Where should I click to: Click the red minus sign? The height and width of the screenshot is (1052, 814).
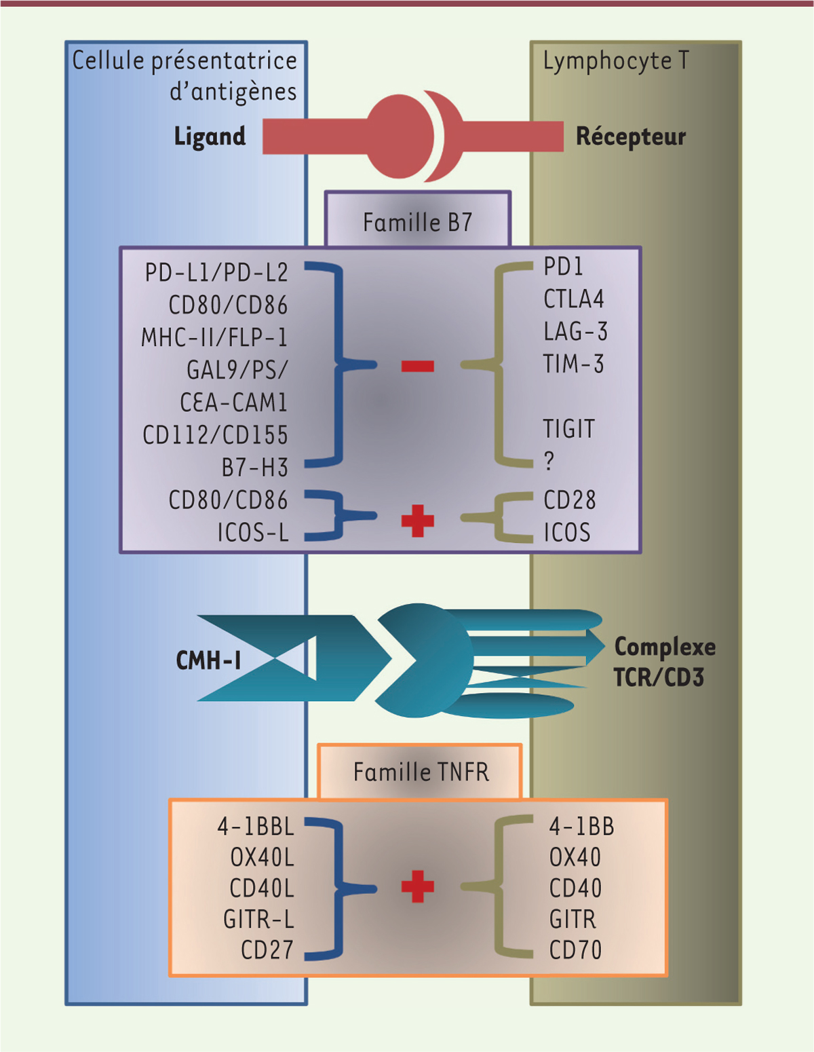click(417, 367)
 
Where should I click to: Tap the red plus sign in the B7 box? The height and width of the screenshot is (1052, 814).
click(417, 521)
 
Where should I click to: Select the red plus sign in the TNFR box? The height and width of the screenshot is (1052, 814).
click(417, 886)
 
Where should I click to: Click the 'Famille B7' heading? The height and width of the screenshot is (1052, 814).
click(417, 223)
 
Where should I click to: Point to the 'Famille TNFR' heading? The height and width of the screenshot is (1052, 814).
click(421, 772)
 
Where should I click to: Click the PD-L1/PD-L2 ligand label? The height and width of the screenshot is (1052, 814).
click(216, 273)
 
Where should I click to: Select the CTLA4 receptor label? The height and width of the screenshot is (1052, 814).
click(573, 299)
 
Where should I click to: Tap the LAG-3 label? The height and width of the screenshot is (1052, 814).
click(575, 332)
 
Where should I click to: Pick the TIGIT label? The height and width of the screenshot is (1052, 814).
click(568, 429)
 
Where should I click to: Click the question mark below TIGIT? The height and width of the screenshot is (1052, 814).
click(549, 462)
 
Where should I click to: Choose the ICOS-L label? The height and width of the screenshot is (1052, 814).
click(253, 533)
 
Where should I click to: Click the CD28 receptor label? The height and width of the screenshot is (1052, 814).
click(569, 500)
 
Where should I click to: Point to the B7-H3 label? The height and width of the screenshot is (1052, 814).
click(255, 468)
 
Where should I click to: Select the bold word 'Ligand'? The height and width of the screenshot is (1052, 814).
click(210, 136)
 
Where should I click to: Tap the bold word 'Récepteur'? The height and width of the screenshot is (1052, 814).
click(631, 136)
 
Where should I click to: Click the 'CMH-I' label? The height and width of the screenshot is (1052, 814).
click(208, 660)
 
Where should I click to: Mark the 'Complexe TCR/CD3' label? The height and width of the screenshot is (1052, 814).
click(664, 662)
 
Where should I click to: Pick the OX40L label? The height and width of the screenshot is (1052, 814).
click(262, 858)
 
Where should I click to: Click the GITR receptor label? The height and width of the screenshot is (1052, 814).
click(573, 920)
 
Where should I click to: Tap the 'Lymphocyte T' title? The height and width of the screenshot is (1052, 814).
click(615, 61)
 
